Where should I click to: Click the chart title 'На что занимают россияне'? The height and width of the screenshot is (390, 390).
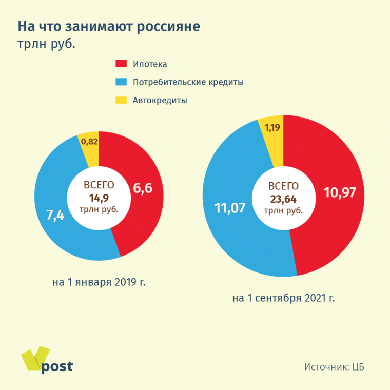[x=109, y=27]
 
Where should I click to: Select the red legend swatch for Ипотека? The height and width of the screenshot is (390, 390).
[x=121, y=64]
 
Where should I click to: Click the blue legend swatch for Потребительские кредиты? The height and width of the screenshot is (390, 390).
[x=121, y=82]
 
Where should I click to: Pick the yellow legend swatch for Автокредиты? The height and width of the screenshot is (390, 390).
[x=121, y=100]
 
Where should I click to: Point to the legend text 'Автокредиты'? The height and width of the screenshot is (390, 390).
[x=160, y=101]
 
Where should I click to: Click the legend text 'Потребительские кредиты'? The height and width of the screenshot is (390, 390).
[x=188, y=82]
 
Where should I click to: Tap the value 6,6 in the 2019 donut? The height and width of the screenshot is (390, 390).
[x=143, y=188]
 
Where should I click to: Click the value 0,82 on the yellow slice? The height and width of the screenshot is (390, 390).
[x=88, y=142]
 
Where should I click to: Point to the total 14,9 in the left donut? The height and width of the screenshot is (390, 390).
[x=99, y=198]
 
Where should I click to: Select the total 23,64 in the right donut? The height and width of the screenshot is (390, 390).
[x=283, y=199]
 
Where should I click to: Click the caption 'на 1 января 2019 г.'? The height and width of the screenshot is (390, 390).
[x=99, y=282]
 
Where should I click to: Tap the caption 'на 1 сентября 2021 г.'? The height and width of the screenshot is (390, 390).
[x=283, y=298]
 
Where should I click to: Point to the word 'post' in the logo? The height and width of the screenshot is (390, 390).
[x=57, y=366]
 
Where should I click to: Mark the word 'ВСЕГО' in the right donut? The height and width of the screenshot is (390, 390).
[x=283, y=187]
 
